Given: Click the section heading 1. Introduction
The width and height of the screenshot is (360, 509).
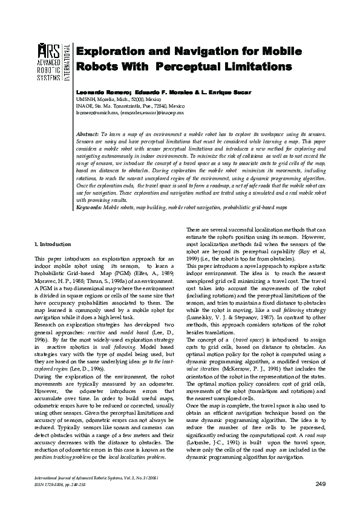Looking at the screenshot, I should pyautogui.click(x=55, y=244).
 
